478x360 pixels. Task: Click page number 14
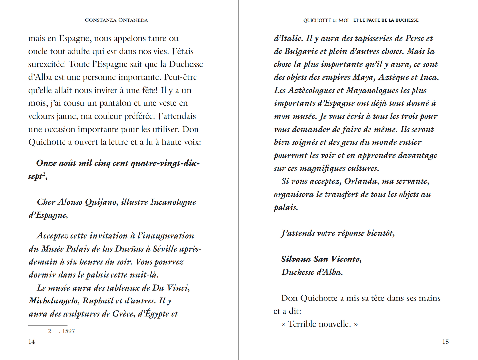tap(32, 342)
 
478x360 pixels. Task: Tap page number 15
tap(445, 342)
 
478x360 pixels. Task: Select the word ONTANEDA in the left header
tap(133, 20)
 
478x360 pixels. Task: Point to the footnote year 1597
tap(68, 331)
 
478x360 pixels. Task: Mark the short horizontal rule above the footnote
tap(48, 325)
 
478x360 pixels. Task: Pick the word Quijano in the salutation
tap(101, 202)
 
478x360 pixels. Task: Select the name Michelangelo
tap(54, 301)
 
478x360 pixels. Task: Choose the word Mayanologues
tap(372, 91)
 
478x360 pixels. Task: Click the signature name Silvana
tap(295, 259)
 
